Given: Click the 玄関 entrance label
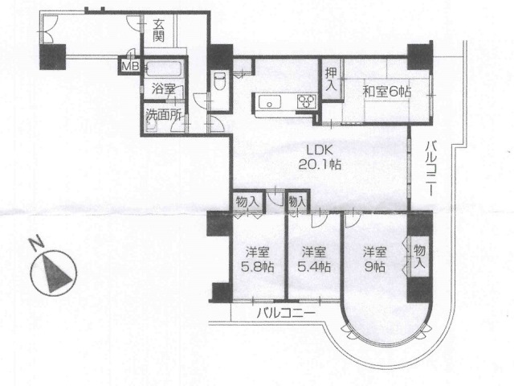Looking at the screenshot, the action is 158,31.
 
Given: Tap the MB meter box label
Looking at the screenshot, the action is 130,66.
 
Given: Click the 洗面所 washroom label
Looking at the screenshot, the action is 164,115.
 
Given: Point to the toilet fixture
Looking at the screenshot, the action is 218,80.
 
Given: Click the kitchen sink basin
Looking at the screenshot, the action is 270,101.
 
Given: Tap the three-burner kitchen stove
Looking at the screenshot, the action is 307,101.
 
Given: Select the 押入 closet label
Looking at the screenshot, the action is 331,80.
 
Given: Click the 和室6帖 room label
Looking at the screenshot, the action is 387,91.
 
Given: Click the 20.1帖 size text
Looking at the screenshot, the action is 320,164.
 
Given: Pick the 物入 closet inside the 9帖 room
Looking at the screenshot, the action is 419,257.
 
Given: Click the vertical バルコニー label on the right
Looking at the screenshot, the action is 432,169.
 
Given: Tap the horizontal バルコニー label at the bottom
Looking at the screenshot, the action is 286,313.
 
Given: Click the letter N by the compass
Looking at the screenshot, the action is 36,241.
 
